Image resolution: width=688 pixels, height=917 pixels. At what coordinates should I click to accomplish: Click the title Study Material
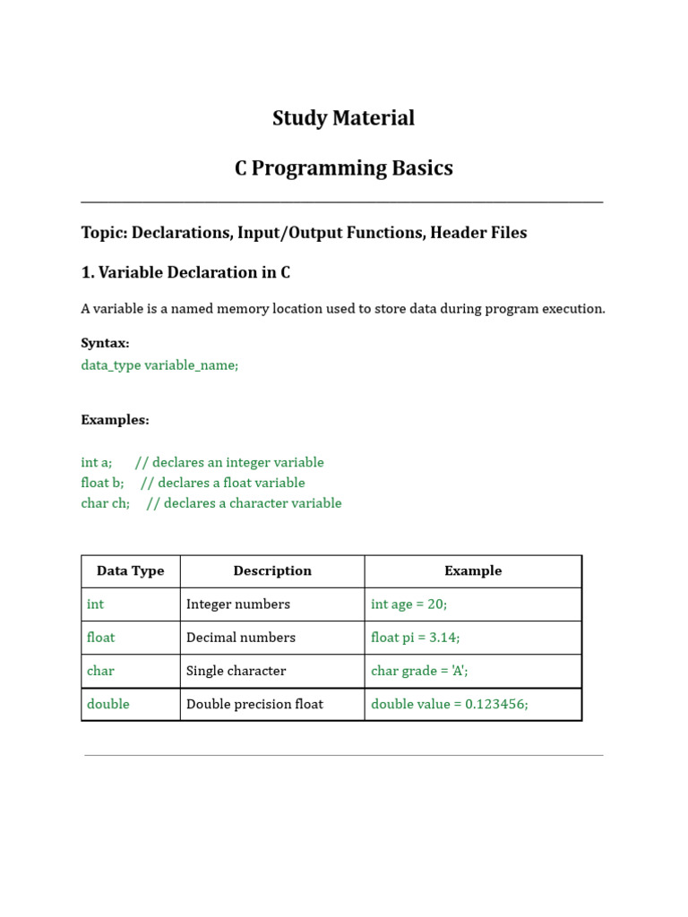(x=343, y=118)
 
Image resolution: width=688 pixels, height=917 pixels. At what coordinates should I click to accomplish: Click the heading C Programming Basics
(x=343, y=168)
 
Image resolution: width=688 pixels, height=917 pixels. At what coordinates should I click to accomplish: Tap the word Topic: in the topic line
(x=104, y=233)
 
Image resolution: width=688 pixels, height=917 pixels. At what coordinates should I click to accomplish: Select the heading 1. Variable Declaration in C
(x=185, y=272)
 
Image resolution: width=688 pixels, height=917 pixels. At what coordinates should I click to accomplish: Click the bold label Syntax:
(x=105, y=343)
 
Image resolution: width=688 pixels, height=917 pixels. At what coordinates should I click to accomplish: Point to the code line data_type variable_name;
(x=159, y=365)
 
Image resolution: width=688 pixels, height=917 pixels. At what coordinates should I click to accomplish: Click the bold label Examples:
(x=115, y=420)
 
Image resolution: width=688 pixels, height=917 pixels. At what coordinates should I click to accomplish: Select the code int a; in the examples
(x=96, y=463)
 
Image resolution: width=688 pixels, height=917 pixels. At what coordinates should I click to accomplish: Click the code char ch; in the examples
(x=105, y=503)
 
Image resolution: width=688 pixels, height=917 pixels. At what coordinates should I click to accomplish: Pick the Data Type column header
(x=130, y=571)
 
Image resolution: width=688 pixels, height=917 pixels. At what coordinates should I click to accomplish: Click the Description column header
(x=272, y=571)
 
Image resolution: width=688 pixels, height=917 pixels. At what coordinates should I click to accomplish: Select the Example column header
(x=473, y=571)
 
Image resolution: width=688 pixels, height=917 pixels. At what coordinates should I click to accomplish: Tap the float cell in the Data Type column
(x=101, y=638)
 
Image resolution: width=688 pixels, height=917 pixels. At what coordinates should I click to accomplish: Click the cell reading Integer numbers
(x=237, y=604)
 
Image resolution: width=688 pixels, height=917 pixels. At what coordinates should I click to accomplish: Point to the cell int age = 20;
(x=408, y=604)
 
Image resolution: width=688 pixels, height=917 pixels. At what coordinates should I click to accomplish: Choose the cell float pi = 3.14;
(x=415, y=638)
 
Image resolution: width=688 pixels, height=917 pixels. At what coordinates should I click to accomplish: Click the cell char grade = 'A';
(x=420, y=671)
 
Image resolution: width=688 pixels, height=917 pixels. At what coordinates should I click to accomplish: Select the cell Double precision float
(x=254, y=704)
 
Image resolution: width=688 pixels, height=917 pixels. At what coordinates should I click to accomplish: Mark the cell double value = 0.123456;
(x=449, y=704)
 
